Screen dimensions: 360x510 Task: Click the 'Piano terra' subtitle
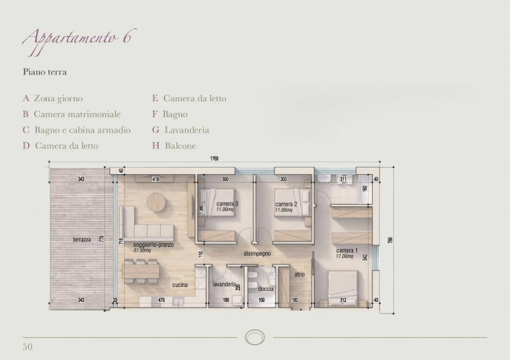[x=45, y=72]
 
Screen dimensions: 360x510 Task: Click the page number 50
[x=27, y=345]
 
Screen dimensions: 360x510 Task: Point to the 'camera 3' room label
[x=227, y=204]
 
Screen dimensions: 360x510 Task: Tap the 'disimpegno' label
[x=257, y=254]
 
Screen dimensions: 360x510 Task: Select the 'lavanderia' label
[x=224, y=283]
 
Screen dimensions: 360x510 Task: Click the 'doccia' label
[x=265, y=289]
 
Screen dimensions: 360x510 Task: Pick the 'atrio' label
[x=299, y=275]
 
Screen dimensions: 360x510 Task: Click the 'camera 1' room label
[x=346, y=249]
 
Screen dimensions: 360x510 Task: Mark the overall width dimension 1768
[x=213, y=160]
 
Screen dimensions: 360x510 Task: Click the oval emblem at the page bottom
[x=255, y=335]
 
